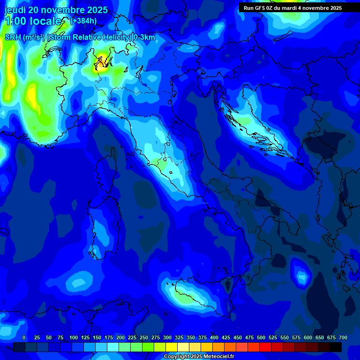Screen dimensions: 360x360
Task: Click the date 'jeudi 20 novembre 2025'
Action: (x=56, y=10)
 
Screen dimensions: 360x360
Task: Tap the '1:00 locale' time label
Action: (x=33, y=21)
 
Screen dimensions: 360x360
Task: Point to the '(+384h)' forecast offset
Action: (x=83, y=21)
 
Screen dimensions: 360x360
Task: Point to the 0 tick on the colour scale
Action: (x=24, y=337)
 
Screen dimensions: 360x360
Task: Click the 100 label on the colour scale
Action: (x=74, y=337)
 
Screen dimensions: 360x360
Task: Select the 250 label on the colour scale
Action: (x=144, y=337)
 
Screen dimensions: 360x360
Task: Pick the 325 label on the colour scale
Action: (x=179, y=337)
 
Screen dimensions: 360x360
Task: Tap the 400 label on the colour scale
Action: (x=214, y=337)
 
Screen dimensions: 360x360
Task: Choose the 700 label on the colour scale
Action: (x=343, y=337)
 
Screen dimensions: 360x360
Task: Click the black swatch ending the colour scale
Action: (x=336, y=347)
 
